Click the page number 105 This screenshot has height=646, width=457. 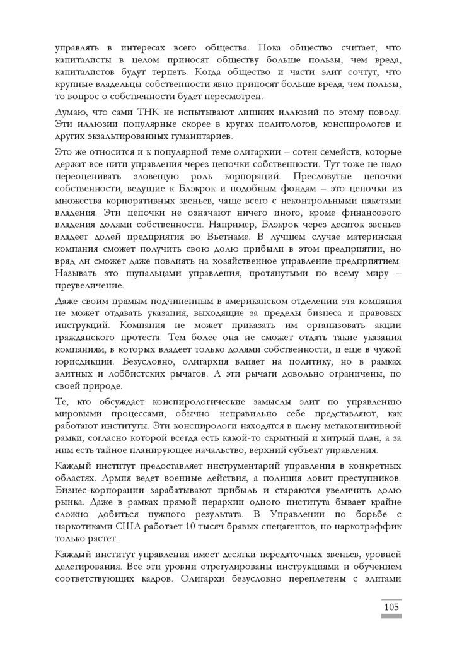pyautogui.click(x=391, y=608)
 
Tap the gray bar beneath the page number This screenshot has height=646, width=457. pyautogui.click(x=391, y=617)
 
